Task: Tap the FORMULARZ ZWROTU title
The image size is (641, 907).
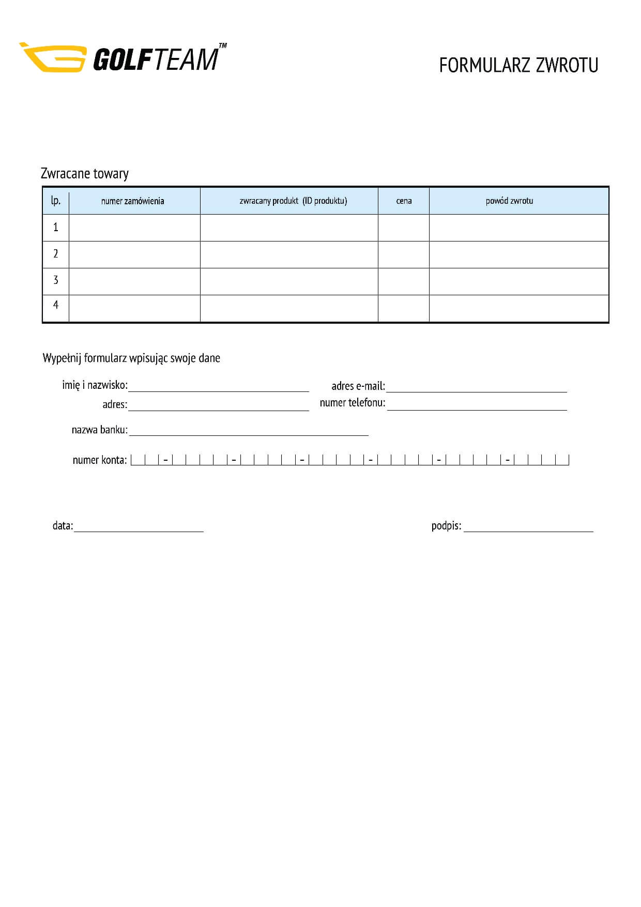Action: (x=518, y=66)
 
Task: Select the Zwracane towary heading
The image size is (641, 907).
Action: (x=85, y=174)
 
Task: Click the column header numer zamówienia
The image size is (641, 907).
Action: (x=133, y=201)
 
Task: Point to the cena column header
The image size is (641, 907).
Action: (x=404, y=201)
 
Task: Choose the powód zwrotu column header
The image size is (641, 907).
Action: (x=509, y=201)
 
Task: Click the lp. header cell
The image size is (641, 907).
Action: (x=56, y=201)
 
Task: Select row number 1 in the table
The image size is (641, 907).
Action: (x=56, y=228)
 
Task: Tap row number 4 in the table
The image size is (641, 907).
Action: (x=56, y=305)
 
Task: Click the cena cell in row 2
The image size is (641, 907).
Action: (x=403, y=254)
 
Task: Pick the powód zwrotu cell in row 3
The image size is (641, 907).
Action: (x=518, y=281)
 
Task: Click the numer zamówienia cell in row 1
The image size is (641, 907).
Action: (x=134, y=228)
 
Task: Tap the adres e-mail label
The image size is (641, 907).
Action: (x=358, y=386)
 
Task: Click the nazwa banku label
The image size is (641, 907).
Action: (x=99, y=430)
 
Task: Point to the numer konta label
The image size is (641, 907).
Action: (x=100, y=460)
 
